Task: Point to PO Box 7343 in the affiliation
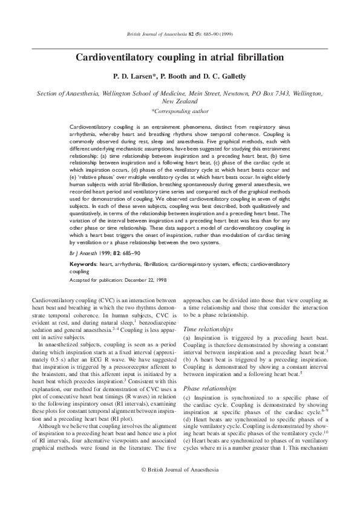coord(273,94)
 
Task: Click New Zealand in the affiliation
coord(180,102)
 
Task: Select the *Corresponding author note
coord(180,112)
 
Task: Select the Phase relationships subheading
coord(209,372)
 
